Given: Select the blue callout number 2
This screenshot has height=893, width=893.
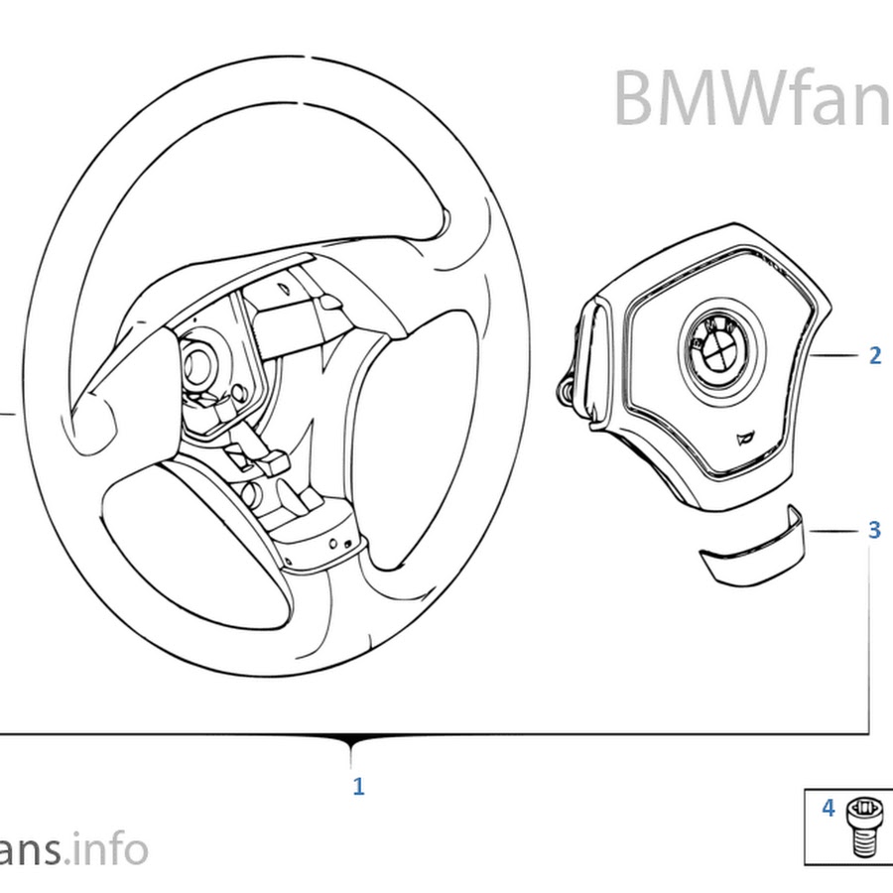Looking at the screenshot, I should pos(874,355).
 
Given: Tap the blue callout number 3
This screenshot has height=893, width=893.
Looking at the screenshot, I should pos(873,530).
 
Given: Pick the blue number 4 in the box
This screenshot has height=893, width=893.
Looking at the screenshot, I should pos(828,809).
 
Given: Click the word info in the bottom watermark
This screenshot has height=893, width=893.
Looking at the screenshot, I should pos(112,850).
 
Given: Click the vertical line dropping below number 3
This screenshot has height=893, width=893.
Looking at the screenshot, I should pos(870,635).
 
